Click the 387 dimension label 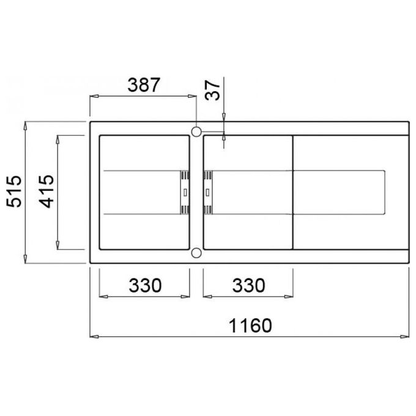pyautogui.click(x=144, y=85)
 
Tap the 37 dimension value pyautogui.click(x=212, y=90)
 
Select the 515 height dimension pyautogui.click(x=14, y=191)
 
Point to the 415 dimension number pyautogui.click(x=46, y=191)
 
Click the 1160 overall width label pyautogui.click(x=250, y=325)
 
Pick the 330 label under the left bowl pyautogui.click(x=145, y=285)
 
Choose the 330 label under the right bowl pyautogui.click(x=248, y=285)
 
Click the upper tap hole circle pyautogui.click(x=196, y=132)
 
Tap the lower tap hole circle pyautogui.click(x=196, y=253)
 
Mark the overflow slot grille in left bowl pyautogui.click(x=185, y=192)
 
